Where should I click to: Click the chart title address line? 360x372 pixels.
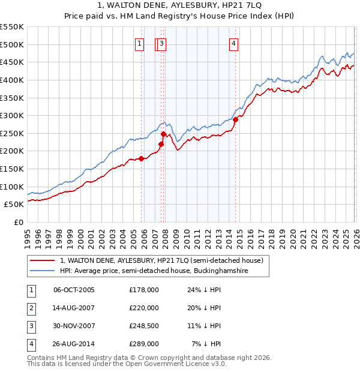coord(180,5)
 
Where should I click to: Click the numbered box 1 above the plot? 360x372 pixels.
coord(139,43)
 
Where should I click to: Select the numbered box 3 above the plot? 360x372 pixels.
coord(163,43)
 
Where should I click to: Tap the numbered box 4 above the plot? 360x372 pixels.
coord(233,43)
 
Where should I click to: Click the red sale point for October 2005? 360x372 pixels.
coord(142,158)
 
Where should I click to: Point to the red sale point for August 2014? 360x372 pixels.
coord(235,119)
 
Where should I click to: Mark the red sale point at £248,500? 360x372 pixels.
coord(164,134)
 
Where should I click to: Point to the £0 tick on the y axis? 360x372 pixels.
coord(18,222)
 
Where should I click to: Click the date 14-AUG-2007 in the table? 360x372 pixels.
coord(74,308)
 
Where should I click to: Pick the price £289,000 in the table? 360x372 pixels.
coord(144,344)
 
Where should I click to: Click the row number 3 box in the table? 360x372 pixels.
coord(31,326)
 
